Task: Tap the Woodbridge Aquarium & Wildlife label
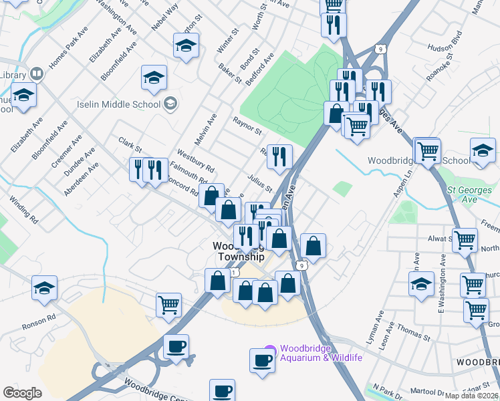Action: (321, 352)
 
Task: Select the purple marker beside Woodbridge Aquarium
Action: (269, 349)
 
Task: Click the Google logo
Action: (22, 393)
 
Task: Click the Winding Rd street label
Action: (23, 208)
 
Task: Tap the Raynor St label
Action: (247, 125)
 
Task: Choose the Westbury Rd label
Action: (195, 160)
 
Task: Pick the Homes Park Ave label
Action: (68, 46)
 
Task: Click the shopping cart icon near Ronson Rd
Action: (168, 305)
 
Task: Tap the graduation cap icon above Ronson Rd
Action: (45, 288)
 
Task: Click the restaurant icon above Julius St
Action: (279, 156)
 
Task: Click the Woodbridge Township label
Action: (239, 251)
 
